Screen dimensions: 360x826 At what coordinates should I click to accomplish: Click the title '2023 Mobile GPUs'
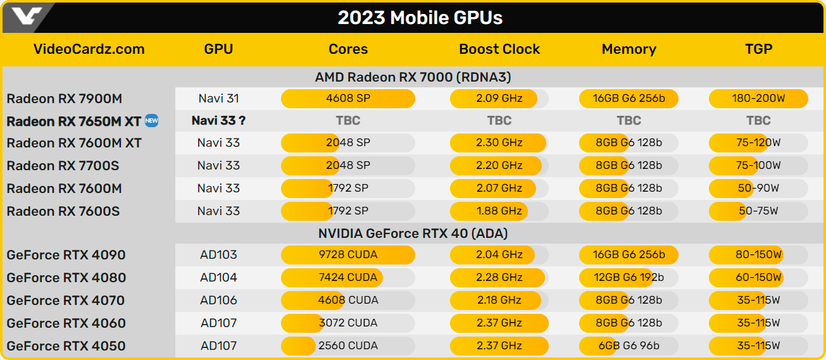click(x=420, y=18)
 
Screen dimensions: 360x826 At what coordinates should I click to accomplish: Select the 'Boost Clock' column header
click(x=499, y=49)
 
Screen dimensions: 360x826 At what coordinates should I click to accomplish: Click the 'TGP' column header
click(x=758, y=49)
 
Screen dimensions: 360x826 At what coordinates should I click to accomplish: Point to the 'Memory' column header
click(x=629, y=49)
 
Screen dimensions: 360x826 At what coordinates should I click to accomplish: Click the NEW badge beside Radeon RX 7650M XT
click(x=151, y=120)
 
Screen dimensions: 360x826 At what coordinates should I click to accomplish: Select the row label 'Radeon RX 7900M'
click(x=65, y=99)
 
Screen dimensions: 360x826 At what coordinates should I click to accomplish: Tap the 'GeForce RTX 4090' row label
click(x=66, y=255)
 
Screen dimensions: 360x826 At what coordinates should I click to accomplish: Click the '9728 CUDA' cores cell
click(x=348, y=255)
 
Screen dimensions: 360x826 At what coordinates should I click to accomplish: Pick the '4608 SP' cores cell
click(x=348, y=99)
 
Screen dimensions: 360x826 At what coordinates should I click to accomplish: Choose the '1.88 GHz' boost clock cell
click(x=499, y=211)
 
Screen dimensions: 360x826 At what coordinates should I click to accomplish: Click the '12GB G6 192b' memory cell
click(x=629, y=278)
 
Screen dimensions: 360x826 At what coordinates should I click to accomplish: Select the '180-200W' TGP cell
click(x=758, y=99)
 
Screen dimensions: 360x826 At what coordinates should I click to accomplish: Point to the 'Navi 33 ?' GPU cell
click(x=218, y=120)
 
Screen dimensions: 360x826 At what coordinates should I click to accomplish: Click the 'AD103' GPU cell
click(x=218, y=255)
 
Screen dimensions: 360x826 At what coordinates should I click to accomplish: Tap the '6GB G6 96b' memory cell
click(x=629, y=346)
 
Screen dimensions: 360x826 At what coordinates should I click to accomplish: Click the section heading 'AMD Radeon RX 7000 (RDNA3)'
click(x=413, y=77)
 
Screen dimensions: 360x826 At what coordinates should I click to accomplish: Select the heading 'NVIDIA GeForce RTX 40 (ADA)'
click(x=413, y=233)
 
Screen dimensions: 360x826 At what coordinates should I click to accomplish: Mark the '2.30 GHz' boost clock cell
click(x=499, y=143)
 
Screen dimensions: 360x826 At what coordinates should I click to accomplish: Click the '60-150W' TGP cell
click(x=758, y=278)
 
